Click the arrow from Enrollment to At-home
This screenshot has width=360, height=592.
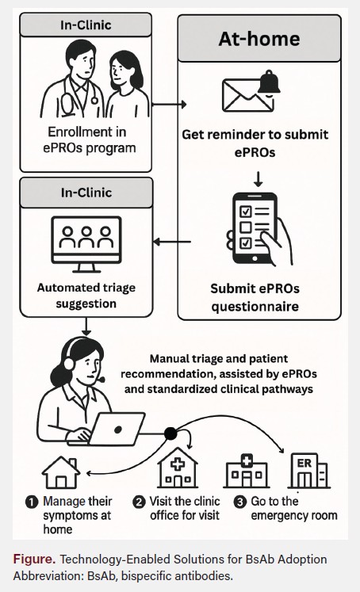167,104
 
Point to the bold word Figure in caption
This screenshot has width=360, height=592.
33,560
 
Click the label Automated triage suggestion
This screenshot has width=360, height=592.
86,291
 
